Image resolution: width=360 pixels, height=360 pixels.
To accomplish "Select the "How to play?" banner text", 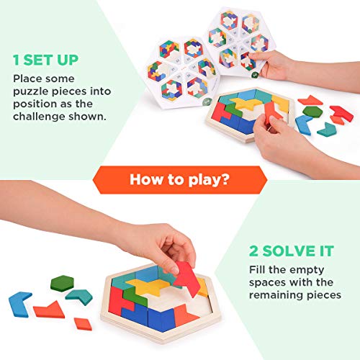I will click(180, 179).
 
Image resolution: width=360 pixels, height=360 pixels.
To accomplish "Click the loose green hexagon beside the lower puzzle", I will click(63, 283).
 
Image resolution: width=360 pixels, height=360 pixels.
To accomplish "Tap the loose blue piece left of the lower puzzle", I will click(19, 303).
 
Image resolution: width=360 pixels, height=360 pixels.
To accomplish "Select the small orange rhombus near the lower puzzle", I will click(83, 323).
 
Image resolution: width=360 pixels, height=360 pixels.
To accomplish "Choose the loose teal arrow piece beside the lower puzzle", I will click(79, 296).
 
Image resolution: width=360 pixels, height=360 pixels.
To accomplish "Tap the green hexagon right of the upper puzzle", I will click(312, 112).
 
